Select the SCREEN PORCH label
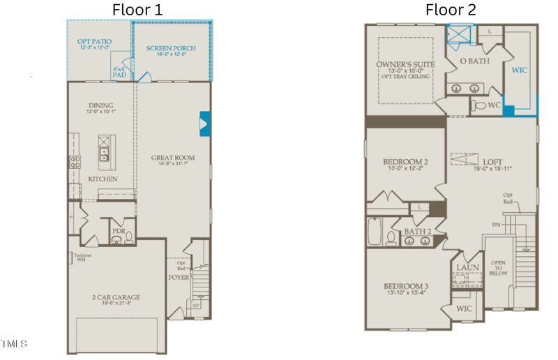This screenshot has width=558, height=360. [171, 48]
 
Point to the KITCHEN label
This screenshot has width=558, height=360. [102, 179]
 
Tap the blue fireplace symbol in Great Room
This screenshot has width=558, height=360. [204, 123]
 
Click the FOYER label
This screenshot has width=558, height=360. [178, 276]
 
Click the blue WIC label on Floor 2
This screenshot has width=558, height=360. [520, 70]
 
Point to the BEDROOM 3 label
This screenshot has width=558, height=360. [405, 286]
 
